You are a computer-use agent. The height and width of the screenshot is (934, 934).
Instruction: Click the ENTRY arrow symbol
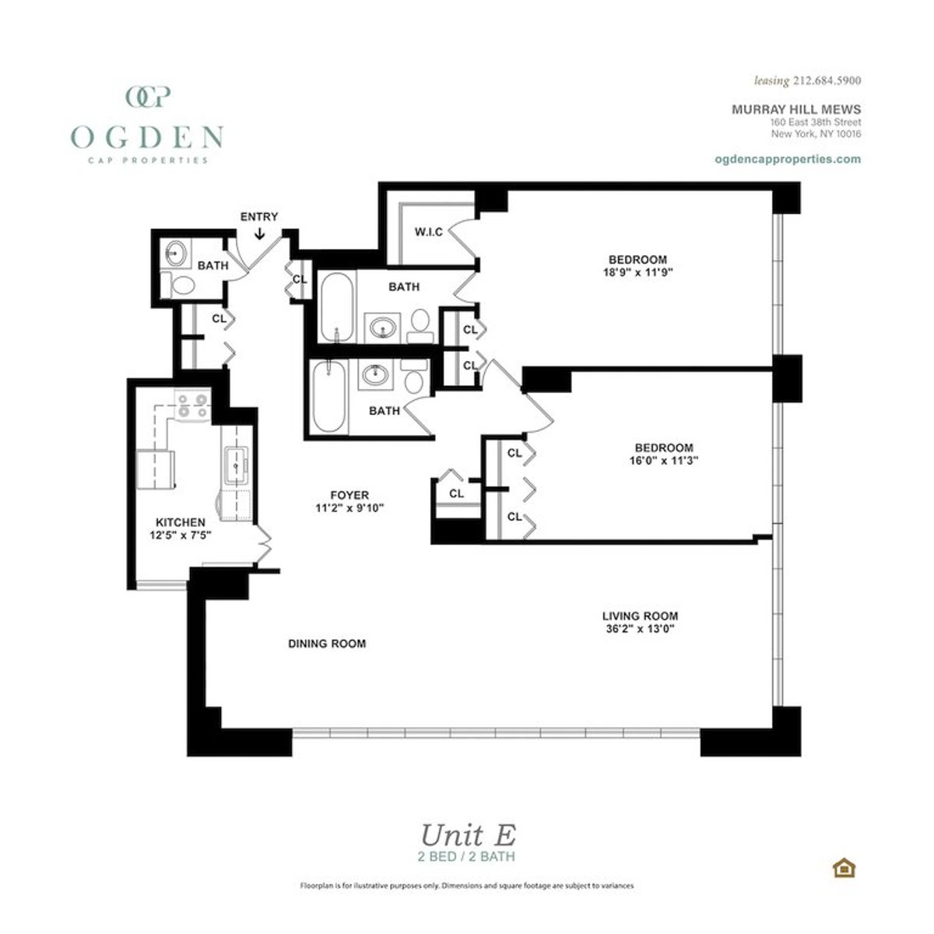[x=259, y=232]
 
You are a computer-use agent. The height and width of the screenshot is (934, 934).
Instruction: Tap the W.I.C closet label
[x=428, y=232]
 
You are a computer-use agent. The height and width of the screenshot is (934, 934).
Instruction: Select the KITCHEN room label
[x=181, y=522]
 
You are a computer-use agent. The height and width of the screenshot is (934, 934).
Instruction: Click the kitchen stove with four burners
[x=192, y=406]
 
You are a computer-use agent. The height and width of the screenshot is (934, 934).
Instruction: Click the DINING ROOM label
[x=327, y=644]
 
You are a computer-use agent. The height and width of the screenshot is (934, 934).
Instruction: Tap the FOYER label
[x=349, y=495]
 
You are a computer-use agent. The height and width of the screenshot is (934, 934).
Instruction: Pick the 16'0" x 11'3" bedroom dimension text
[x=664, y=460]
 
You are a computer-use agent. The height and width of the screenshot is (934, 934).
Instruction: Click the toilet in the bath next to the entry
[x=181, y=285]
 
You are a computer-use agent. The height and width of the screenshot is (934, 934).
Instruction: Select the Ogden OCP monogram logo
[x=148, y=97]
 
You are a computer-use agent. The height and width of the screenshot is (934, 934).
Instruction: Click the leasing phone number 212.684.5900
[x=826, y=80]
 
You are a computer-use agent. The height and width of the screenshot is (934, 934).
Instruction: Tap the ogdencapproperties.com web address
[x=787, y=158]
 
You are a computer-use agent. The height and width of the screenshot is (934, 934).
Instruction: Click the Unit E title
[x=467, y=835]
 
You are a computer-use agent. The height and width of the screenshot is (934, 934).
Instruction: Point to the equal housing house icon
[x=842, y=867]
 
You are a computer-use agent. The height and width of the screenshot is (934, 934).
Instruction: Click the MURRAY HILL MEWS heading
[x=795, y=110]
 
